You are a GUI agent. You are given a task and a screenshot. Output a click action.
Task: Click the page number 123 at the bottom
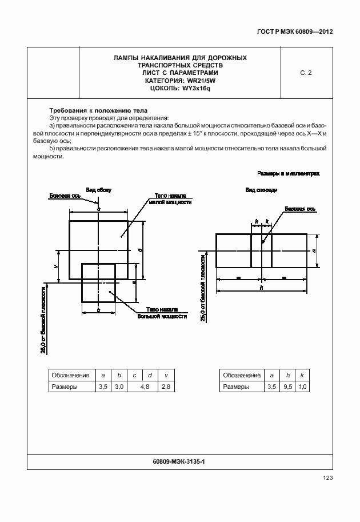[x=327, y=478]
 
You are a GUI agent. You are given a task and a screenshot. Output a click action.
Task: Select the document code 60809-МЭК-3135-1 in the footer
[x=180, y=460]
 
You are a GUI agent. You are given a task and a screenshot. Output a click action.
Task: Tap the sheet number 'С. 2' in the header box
[x=306, y=73]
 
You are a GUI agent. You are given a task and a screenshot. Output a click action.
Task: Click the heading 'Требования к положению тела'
[x=98, y=110]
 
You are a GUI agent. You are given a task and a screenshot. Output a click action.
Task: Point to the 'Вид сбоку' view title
[x=98, y=189]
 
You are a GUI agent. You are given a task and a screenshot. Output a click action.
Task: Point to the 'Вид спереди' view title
[x=261, y=189]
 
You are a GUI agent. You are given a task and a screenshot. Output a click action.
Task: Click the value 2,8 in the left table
[x=166, y=387]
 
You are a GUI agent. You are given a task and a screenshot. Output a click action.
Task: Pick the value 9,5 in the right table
[x=287, y=387]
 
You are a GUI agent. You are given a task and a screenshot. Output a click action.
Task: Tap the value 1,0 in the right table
[x=303, y=387]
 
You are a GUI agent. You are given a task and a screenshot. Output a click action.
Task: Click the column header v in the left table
[x=166, y=375]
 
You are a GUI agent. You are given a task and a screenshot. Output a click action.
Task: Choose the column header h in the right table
[x=287, y=375]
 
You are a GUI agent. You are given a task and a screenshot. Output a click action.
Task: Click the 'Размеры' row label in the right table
[x=236, y=387]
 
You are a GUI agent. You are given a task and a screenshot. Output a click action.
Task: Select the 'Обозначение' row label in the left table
[x=70, y=375]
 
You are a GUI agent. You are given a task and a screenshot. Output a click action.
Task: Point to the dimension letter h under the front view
[x=261, y=288]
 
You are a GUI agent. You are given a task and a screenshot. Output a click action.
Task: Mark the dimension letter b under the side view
[x=98, y=309]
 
